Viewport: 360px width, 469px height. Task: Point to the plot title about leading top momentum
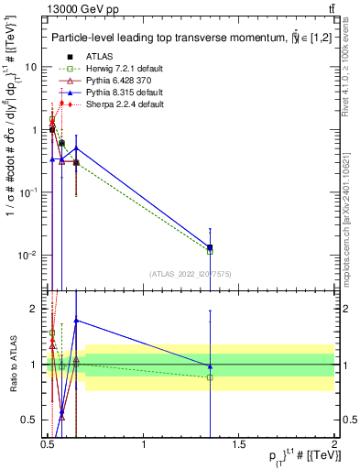click(x=183, y=38)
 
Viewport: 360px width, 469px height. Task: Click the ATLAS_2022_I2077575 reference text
click(x=190, y=274)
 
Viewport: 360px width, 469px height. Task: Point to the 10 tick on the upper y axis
click(x=31, y=67)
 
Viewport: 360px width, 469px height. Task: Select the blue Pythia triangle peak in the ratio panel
click(x=76, y=320)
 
